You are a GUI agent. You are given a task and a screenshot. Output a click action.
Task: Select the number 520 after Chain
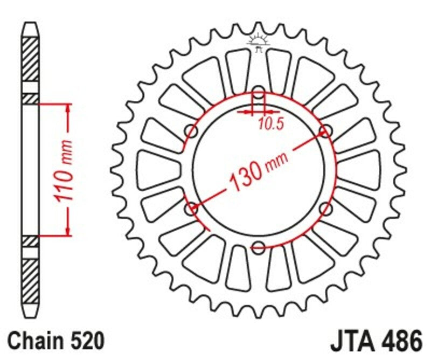[86, 342]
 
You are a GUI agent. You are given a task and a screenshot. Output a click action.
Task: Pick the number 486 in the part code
[400, 342]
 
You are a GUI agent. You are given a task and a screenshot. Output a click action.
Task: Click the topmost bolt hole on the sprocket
[259, 93]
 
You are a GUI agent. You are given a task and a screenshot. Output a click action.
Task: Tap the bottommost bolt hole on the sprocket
[259, 247]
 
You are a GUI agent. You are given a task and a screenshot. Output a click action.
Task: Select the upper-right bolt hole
[325, 131]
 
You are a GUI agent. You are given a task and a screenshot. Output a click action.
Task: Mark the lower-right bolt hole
[325, 208]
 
